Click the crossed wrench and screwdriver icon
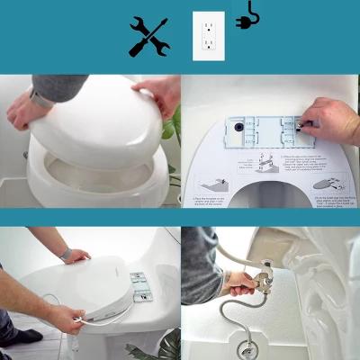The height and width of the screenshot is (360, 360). click(x=148, y=36)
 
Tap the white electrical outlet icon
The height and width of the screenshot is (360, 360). click(x=208, y=36)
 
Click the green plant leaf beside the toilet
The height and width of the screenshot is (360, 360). click(x=172, y=126)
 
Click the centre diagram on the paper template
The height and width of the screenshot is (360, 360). click(x=261, y=168)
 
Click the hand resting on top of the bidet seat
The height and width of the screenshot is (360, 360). click(x=76, y=256)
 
